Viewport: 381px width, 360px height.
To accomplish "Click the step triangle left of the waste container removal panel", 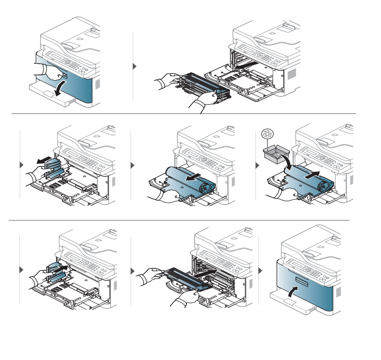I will [21, 165].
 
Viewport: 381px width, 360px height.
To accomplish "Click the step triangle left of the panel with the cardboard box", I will [256, 165].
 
